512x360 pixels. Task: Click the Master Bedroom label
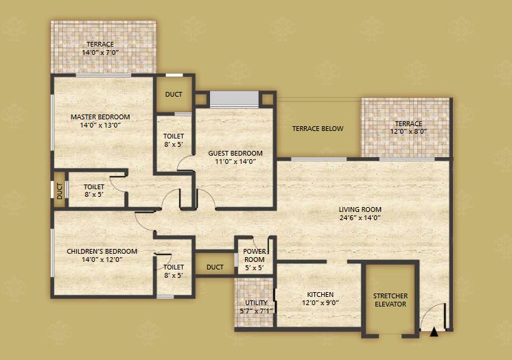click(x=100, y=117)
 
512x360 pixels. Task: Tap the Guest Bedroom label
click(x=235, y=153)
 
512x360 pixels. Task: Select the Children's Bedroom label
click(x=102, y=252)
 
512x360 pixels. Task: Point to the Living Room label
click(x=360, y=210)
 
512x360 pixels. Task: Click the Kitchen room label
click(x=321, y=294)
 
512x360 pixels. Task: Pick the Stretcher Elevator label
click(x=391, y=300)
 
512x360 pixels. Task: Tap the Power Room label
click(x=255, y=255)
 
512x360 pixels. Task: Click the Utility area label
click(x=256, y=302)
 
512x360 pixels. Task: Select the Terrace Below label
click(x=318, y=129)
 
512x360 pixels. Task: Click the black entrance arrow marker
click(x=434, y=332)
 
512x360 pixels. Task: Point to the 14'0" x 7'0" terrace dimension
click(x=100, y=52)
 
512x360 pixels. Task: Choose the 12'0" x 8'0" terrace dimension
click(x=408, y=132)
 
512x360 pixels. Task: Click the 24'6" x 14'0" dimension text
click(x=360, y=217)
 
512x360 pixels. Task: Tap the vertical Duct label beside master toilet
click(x=60, y=191)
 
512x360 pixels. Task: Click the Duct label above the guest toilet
click(x=174, y=95)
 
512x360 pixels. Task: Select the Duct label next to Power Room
click(x=215, y=267)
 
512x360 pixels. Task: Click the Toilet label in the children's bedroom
click(x=174, y=267)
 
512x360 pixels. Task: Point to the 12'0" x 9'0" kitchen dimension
click(x=321, y=302)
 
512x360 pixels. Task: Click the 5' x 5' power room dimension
click(x=255, y=268)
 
